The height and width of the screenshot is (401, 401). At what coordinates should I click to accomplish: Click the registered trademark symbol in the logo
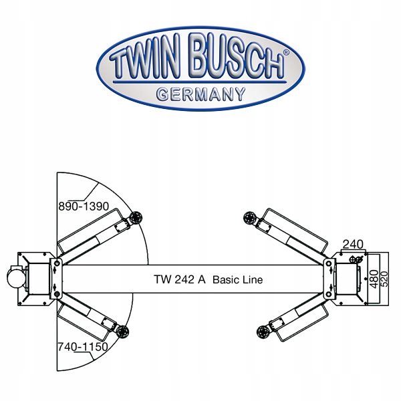click(x=287, y=52)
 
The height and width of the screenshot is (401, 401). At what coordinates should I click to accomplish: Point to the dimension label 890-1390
click(x=84, y=206)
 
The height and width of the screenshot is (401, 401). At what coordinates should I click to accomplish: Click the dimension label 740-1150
click(x=83, y=347)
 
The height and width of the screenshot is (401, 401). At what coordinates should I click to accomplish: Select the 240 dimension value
click(x=353, y=245)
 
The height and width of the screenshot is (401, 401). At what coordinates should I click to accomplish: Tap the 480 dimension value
click(x=374, y=279)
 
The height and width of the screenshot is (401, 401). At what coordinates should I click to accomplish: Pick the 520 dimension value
click(x=384, y=279)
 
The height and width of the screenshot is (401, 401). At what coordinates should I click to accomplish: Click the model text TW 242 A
click(x=180, y=279)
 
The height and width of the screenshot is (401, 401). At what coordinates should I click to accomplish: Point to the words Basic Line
click(x=237, y=279)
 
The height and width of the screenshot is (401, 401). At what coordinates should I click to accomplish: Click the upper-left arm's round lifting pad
click(x=136, y=218)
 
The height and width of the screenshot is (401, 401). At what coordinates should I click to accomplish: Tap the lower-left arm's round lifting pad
click(x=122, y=331)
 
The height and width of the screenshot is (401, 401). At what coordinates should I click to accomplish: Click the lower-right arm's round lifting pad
click(x=263, y=332)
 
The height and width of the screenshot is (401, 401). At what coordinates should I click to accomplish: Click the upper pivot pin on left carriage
click(x=57, y=263)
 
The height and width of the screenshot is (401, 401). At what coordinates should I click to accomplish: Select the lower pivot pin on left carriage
click(x=57, y=295)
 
